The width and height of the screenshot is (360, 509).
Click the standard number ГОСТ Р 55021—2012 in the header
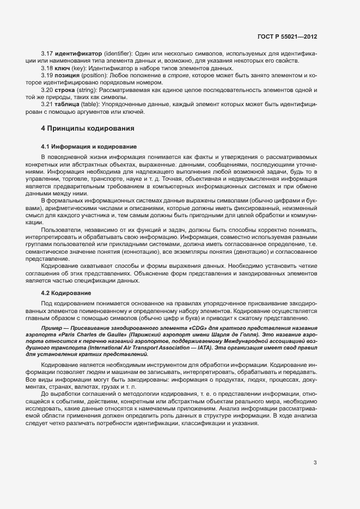[288, 36]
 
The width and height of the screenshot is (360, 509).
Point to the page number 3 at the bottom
[315, 463]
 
